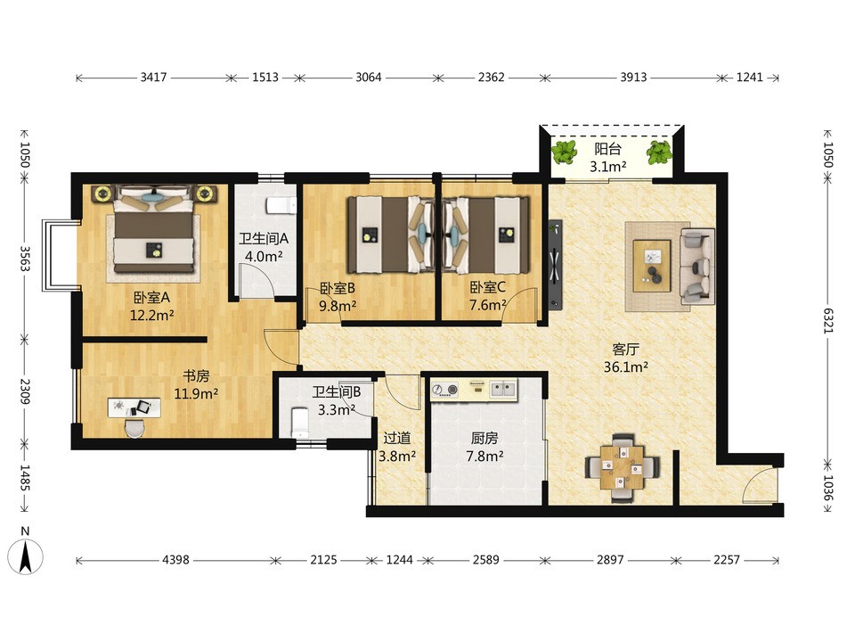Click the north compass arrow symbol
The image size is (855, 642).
tap(25, 556)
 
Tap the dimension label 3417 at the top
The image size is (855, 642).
tap(153, 78)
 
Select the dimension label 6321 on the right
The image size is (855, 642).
tap(828, 321)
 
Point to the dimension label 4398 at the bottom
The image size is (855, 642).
tap(175, 560)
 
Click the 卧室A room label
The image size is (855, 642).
tap(151, 298)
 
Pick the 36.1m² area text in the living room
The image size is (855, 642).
tap(625, 366)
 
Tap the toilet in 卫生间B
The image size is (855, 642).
tap(300, 422)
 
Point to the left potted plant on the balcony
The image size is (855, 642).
tap(564, 152)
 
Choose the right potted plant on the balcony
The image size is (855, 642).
tap(659, 152)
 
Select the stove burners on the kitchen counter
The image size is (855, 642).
tap(445, 390)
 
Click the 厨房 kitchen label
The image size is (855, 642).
tap(484, 438)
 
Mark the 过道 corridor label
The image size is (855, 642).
tap(396, 438)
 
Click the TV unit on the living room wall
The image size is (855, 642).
tap(555, 265)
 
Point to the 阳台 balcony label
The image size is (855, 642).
tap(607, 149)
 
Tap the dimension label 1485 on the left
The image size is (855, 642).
tap(25, 477)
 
